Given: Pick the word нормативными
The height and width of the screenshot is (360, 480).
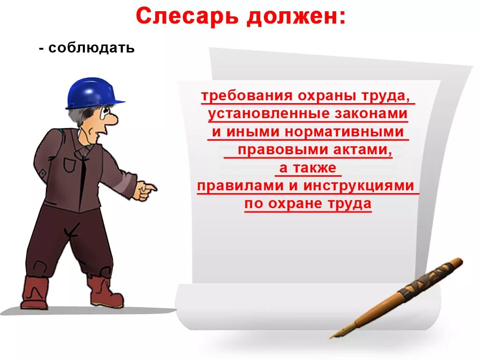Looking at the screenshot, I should [344, 132].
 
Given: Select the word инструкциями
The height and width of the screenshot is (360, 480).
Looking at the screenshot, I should [359, 186].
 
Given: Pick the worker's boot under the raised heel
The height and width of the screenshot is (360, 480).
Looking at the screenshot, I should [34, 293].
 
